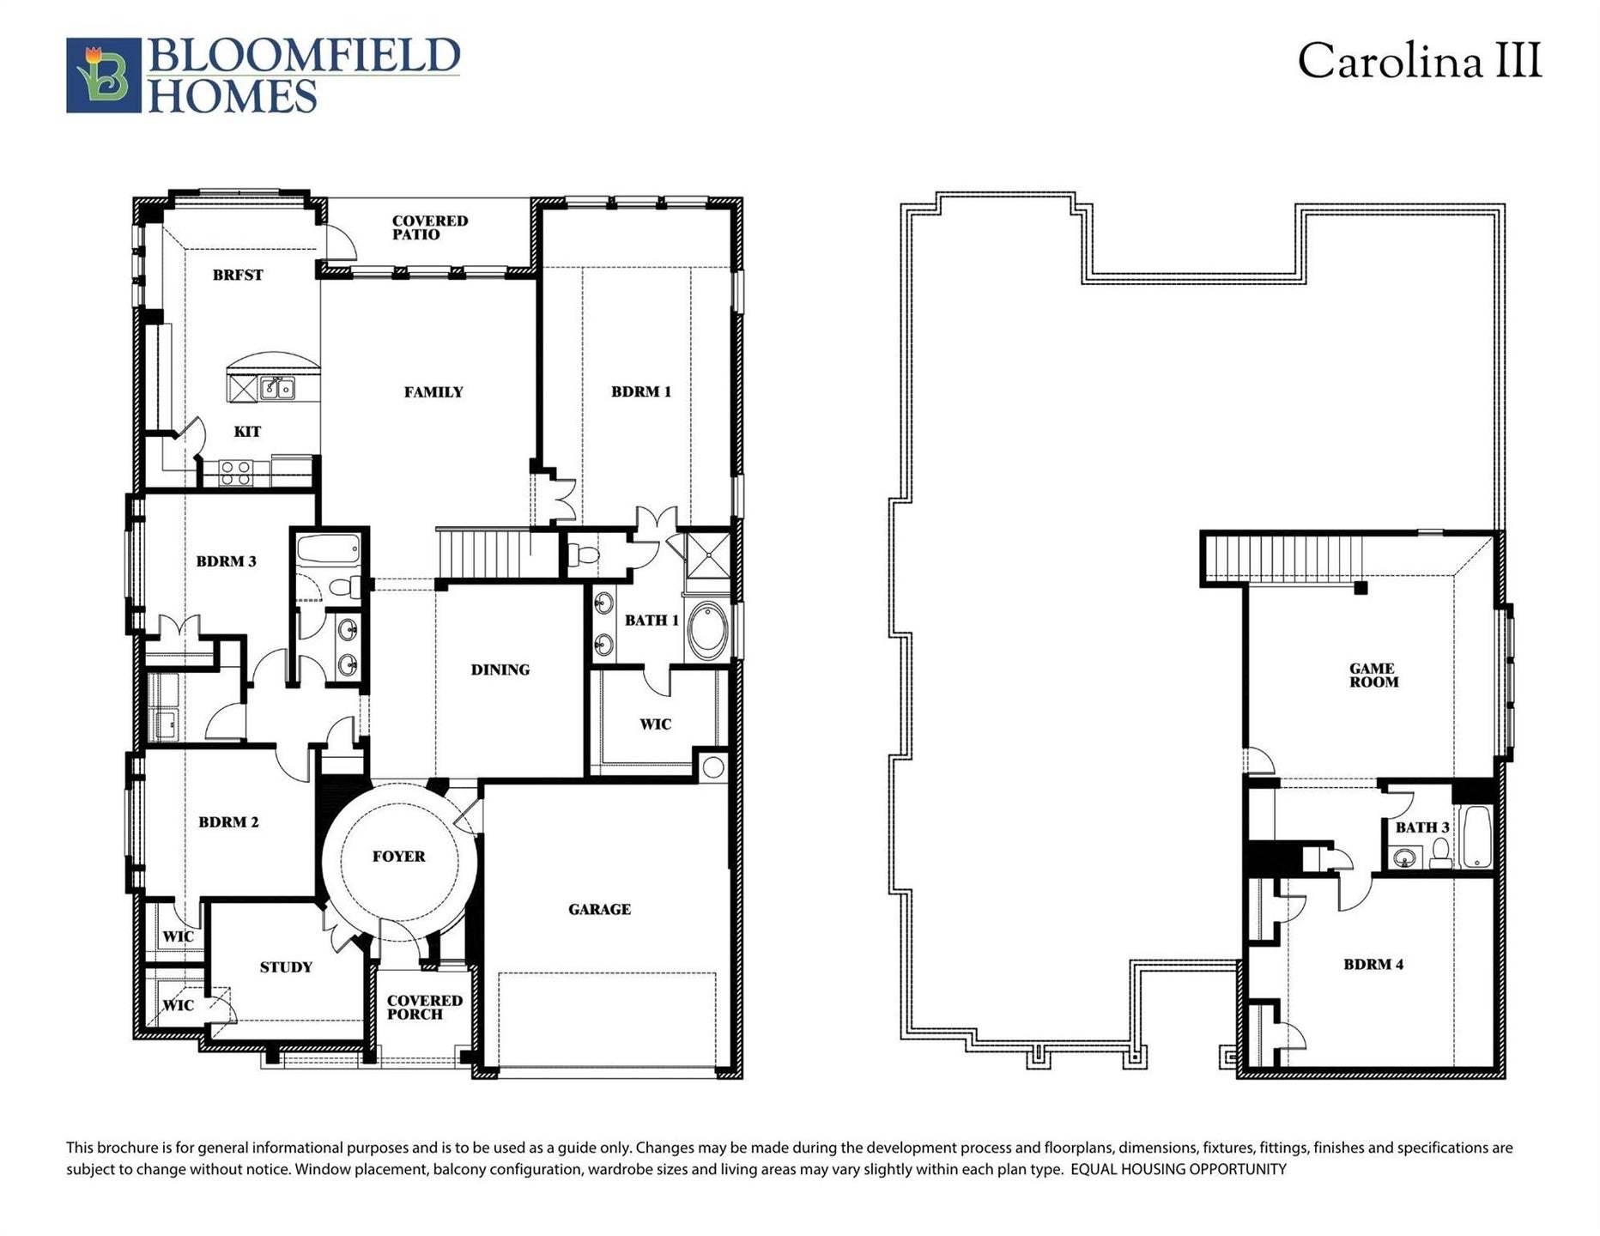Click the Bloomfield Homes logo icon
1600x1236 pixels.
[103, 75]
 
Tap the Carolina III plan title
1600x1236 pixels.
[1419, 62]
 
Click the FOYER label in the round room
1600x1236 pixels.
[398, 856]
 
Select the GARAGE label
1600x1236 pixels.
[599, 909]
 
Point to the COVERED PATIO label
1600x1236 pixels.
[429, 227]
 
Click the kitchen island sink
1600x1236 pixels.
[277, 389]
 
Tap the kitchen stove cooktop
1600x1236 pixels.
[235, 471]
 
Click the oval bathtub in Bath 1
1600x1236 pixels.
[707, 631]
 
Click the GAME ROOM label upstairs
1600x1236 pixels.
[1373, 675]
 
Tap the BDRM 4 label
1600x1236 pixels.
[1373, 964]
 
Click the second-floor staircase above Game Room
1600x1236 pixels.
[1283, 556]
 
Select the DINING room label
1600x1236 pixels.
[500, 669]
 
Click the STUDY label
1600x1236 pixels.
[286, 967]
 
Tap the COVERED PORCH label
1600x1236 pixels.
[424, 1007]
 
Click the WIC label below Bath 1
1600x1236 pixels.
[655, 724]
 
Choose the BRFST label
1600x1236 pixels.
[238, 275]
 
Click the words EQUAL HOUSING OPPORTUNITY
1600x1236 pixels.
[1178, 1169]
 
